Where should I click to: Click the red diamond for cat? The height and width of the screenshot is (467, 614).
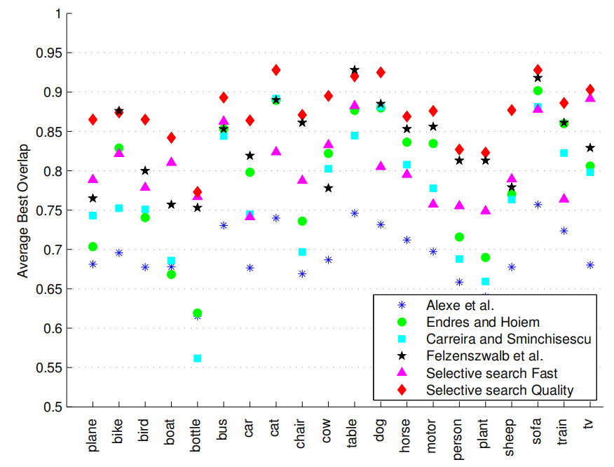tap(276, 70)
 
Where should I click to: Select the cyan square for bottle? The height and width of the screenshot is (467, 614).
tap(198, 358)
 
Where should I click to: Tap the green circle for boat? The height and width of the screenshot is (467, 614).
tap(171, 274)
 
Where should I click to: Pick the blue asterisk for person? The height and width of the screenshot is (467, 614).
tap(459, 282)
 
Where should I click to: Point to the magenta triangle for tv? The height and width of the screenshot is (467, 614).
tap(590, 97)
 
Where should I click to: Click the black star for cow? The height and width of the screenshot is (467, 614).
tap(329, 188)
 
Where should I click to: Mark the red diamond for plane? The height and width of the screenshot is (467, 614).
tap(93, 120)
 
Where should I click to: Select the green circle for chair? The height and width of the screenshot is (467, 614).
tap(302, 221)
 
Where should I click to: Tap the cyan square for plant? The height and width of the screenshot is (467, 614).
tap(485, 281)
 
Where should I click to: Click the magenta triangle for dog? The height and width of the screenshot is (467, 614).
tap(381, 166)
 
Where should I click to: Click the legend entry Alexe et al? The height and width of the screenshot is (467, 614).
tap(460, 305)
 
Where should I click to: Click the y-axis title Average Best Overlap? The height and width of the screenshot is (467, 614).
tap(24, 210)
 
